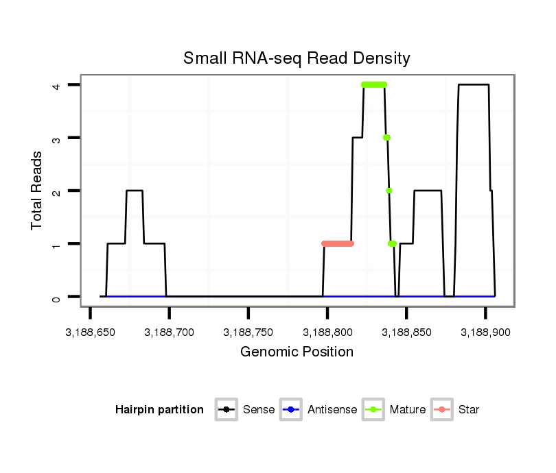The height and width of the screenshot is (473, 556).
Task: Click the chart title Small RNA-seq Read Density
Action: click(x=297, y=58)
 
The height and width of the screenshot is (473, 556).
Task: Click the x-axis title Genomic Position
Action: click(x=297, y=352)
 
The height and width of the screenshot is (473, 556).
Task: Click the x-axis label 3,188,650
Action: click(x=91, y=332)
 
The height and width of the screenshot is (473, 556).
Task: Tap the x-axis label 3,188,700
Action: click(x=170, y=332)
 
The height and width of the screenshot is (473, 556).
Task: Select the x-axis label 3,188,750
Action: click(x=248, y=332)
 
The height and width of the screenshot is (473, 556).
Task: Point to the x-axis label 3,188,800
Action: click(x=327, y=332)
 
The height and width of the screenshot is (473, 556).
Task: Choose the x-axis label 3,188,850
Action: click(x=406, y=332)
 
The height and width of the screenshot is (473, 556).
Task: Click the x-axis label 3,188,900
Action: click(x=485, y=332)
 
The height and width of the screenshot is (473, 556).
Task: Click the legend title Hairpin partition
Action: click(x=159, y=410)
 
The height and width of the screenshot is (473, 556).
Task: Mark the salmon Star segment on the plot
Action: click(x=337, y=243)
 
